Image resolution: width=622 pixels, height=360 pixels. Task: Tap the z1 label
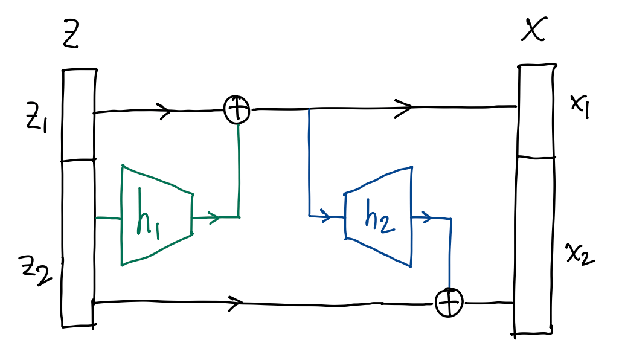tap(35, 116)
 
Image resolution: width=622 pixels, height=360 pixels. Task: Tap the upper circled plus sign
tap(237, 110)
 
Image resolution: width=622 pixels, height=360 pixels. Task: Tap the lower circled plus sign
tap(450, 301)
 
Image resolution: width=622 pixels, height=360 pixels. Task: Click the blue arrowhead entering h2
tap(327, 216)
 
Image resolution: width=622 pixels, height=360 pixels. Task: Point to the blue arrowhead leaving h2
tap(426, 217)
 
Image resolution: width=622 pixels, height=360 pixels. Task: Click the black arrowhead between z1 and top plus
tap(165, 111)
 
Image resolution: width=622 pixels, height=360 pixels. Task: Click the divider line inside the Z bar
tap(79, 161)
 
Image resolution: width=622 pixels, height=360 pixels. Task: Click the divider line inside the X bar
tap(536, 157)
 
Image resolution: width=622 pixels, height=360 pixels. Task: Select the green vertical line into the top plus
tap(240, 169)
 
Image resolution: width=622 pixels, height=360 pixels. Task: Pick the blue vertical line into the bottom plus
tap(450, 254)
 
